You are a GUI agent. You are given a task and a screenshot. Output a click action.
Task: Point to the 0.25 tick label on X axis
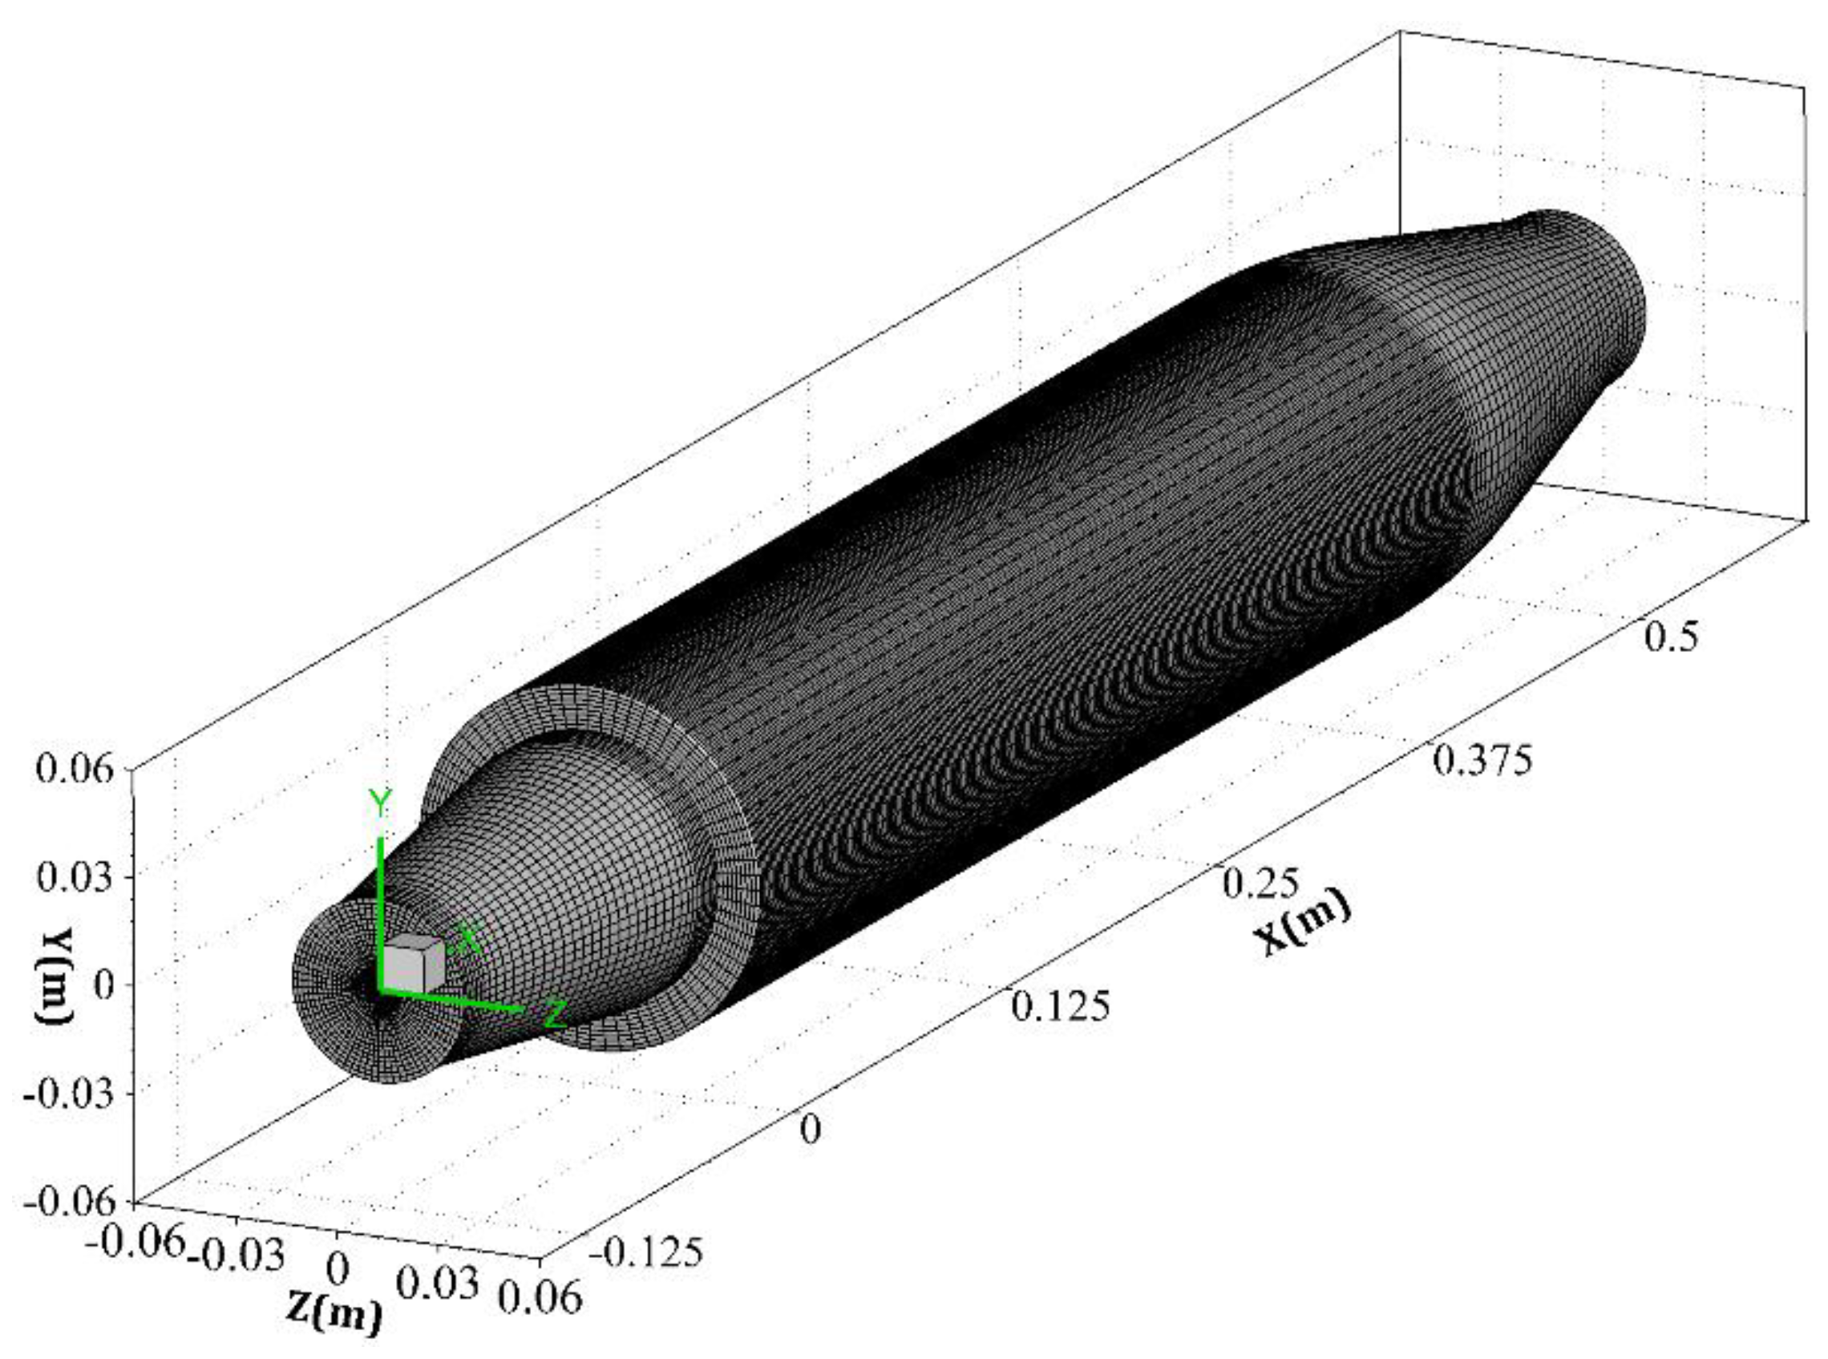coord(1260,884)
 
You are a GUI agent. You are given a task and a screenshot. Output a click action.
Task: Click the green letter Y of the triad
coord(380,803)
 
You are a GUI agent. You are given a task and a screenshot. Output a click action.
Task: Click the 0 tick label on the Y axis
coord(103,985)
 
